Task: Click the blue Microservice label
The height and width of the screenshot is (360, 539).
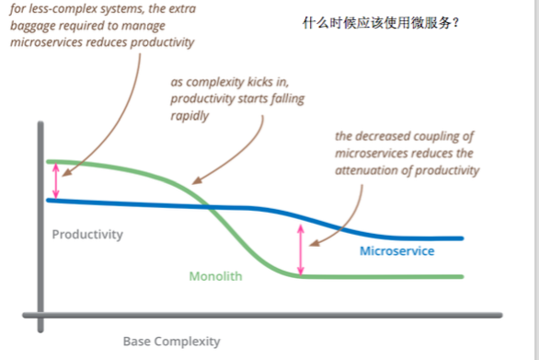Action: pos(396,251)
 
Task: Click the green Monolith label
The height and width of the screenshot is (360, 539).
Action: pos(214,275)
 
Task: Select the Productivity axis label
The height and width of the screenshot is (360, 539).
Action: pos(86,234)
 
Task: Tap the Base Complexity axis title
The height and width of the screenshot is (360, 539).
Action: pos(172,342)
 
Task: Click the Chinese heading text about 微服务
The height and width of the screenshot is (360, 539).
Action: pos(380,22)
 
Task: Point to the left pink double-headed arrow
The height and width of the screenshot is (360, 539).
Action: pos(55,180)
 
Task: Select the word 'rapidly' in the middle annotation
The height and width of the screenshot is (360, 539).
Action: pos(190,116)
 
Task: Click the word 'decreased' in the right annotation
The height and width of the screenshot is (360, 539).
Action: pos(387,136)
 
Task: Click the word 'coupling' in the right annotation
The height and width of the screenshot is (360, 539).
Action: pos(443,136)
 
